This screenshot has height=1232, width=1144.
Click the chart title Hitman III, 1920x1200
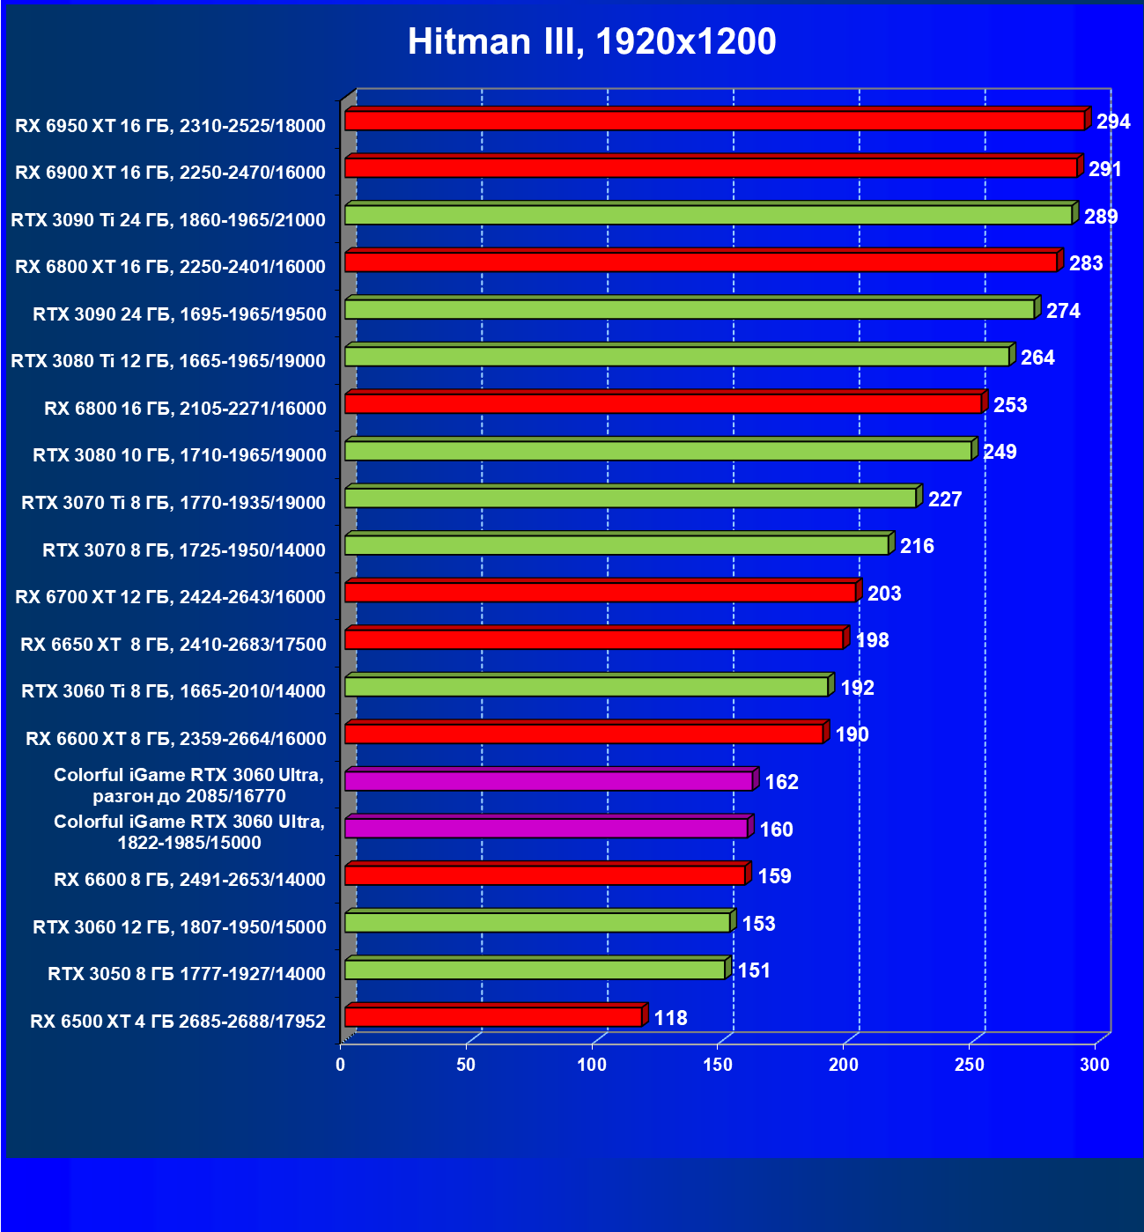(x=592, y=41)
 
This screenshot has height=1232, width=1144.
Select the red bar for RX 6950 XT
(x=714, y=121)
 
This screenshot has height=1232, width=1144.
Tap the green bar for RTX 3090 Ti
(x=708, y=215)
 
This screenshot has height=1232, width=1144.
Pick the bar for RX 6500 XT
(x=493, y=1017)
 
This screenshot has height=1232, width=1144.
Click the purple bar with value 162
(x=549, y=781)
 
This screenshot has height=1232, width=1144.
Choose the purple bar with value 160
(x=546, y=829)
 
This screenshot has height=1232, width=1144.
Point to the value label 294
(x=1113, y=122)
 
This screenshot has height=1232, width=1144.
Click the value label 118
(x=670, y=1018)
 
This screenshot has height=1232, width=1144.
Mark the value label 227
(x=945, y=499)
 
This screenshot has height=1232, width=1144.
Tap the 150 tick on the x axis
(x=718, y=1065)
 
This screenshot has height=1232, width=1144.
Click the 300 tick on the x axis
(x=1095, y=1065)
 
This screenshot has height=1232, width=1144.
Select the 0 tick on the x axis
(x=341, y=1065)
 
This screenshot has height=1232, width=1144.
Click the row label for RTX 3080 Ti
(x=168, y=361)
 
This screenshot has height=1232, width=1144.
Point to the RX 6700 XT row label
(x=170, y=597)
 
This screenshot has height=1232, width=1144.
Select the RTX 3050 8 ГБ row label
(x=187, y=974)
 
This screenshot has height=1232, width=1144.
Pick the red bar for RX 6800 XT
(x=701, y=262)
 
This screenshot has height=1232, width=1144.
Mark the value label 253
(x=1010, y=405)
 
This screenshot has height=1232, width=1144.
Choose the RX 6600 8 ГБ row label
(x=189, y=880)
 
